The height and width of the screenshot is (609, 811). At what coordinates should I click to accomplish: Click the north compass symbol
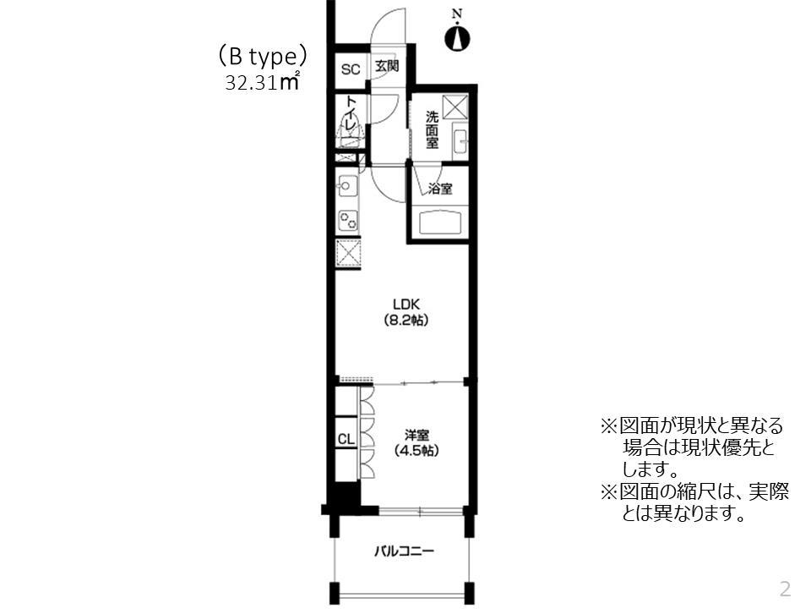point(457,36)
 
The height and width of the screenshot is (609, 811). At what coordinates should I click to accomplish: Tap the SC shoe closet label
point(350,69)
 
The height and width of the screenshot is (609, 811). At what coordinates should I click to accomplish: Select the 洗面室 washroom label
point(432,129)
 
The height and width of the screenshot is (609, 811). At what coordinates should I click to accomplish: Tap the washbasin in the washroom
point(460,141)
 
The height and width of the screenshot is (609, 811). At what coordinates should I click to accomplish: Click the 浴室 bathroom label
point(440,189)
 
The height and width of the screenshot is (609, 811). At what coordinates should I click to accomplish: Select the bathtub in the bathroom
point(440,224)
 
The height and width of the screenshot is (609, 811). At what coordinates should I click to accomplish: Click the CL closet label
point(346,440)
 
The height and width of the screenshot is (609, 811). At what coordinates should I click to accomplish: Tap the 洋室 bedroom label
point(415,435)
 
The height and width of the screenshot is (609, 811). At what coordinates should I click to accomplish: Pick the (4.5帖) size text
point(415,451)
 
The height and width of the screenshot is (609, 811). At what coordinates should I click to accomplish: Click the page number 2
point(785,588)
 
